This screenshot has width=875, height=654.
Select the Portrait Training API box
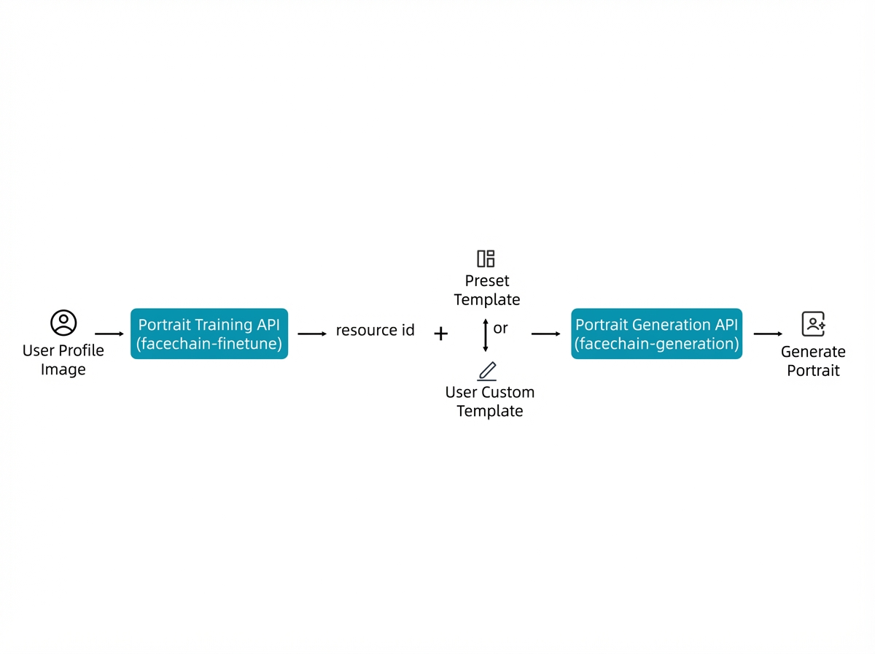[209, 333]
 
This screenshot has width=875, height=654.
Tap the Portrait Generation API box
[656, 333]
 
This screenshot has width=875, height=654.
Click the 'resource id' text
[375, 330]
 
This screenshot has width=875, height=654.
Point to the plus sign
[440, 333]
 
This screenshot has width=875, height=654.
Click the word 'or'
[500, 328]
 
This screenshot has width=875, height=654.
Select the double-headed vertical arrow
[485, 335]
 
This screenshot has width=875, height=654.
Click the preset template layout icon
[486, 258]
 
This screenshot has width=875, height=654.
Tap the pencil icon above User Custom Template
[487, 371]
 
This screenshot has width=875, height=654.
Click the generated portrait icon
[813, 323]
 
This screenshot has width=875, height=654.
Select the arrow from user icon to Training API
[109, 334]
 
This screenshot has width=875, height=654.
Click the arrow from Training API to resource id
[312, 334]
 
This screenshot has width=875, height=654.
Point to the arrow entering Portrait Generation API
[545, 334]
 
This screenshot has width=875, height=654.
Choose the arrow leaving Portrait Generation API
[768, 334]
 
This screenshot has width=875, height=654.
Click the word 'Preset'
[487, 281]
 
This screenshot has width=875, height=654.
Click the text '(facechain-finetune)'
[209, 344]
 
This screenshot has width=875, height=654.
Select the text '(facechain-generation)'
[656, 344]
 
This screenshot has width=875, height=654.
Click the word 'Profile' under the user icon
[82, 350]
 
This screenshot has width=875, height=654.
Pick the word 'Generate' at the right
[813, 352]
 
